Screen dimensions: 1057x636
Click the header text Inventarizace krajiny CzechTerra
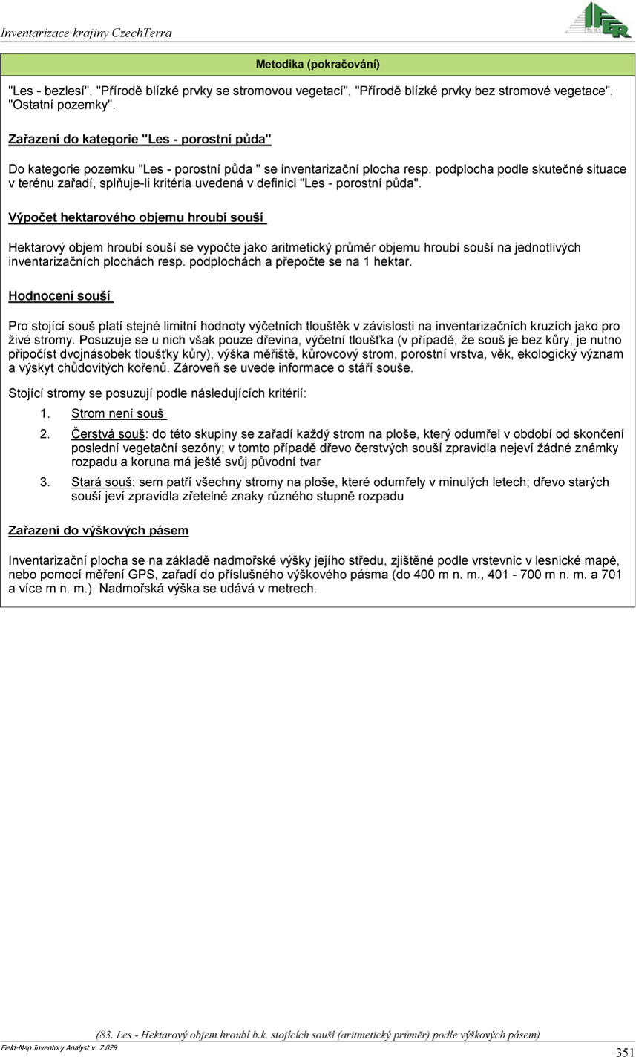86,33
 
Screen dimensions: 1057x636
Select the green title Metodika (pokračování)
318,65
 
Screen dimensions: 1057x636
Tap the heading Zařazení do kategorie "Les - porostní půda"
140,139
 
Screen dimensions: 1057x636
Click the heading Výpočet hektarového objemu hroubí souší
137,217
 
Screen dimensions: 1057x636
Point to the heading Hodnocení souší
60,296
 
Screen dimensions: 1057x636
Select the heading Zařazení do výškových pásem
98,531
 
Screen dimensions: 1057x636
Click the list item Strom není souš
118,413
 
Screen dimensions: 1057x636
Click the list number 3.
45,482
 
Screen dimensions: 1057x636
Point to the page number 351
624,1051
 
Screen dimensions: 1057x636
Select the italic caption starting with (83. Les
318,1034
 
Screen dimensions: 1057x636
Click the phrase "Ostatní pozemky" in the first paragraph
62,105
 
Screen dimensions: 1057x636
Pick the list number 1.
45,413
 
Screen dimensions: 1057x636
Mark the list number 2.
45,433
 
